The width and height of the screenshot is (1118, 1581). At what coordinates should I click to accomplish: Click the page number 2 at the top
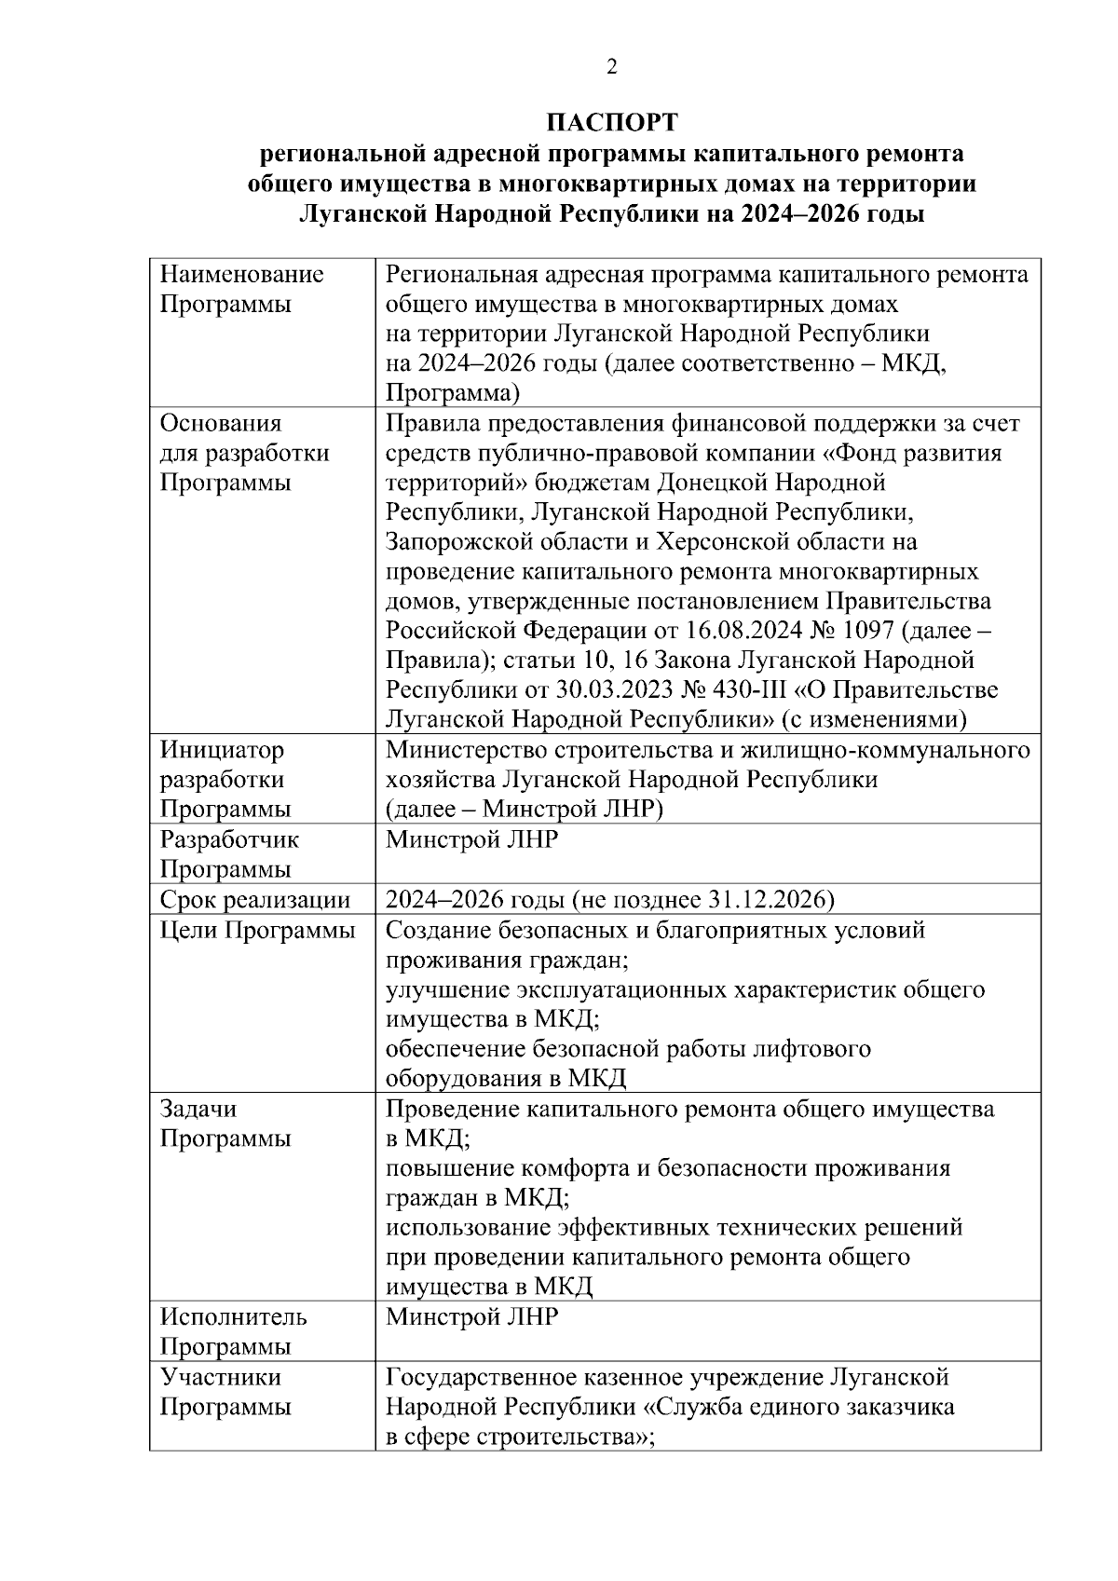tap(611, 67)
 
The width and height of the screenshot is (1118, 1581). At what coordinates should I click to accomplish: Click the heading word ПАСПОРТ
tap(611, 123)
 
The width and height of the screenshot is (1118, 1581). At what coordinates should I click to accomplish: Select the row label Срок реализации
tap(255, 900)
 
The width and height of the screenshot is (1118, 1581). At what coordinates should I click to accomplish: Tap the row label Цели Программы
tap(258, 930)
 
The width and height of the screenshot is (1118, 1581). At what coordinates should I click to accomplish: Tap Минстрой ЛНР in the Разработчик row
tap(471, 839)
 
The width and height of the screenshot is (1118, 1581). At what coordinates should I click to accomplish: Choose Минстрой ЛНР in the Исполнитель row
tap(471, 1317)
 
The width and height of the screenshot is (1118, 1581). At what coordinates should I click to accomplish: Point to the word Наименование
tap(242, 275)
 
